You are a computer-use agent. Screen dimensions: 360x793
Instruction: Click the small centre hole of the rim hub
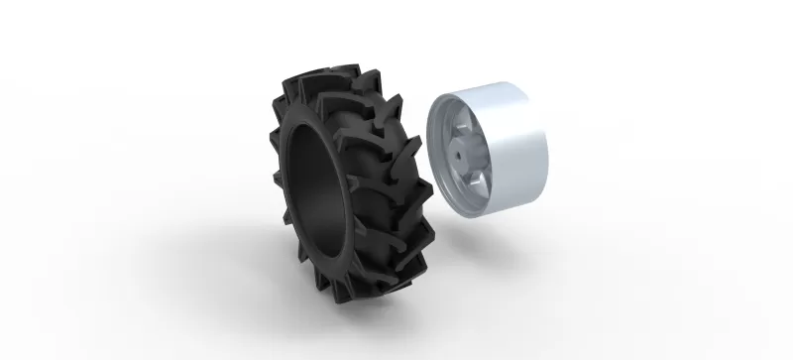point(462,155)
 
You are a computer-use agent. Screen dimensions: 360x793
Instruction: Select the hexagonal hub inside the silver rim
point(463,156)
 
